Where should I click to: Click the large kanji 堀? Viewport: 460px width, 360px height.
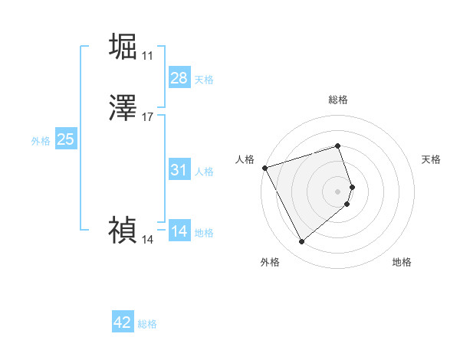click(123, 46)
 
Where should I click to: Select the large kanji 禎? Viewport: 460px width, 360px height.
click(123, 228)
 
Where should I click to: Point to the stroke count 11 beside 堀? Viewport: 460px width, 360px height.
click(147, 56)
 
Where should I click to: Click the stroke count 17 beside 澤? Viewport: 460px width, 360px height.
click(147, 117)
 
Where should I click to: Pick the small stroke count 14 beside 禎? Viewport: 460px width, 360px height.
click(147, 240)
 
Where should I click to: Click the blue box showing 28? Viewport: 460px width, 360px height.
click(179, 78)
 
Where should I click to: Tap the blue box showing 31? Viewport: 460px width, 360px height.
click(179, 170)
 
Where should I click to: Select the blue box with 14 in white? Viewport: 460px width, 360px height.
click(179, 231)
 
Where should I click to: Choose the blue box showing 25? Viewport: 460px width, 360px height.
click(66, 139)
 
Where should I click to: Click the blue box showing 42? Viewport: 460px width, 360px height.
click(123, 322)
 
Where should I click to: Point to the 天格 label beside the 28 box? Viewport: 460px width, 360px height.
click(204, 80)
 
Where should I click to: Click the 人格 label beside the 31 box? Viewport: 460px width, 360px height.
click(204, 172)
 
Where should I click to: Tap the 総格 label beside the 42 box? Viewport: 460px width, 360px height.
click(147, 324)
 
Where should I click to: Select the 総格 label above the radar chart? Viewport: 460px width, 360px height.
click(338, 100)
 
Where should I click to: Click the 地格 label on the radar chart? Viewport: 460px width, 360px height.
click(402, 262)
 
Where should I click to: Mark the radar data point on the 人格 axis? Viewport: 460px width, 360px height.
click(264, 167)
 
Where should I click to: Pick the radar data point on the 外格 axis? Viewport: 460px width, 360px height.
click(301, 242)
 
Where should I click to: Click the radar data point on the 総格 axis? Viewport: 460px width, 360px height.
click(338, 146)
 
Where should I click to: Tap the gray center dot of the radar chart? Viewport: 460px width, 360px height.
click(338, 191)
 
